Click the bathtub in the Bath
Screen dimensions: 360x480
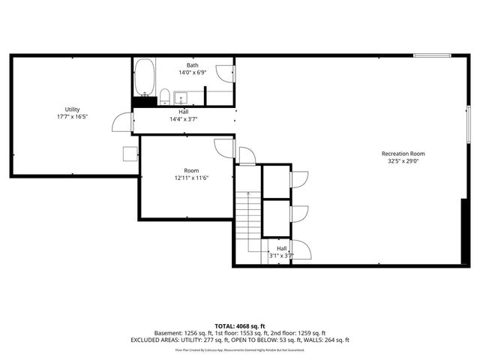pyautogui.click(x=143, y=78)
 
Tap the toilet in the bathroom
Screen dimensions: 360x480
pyautogui.click(x=164, y=96)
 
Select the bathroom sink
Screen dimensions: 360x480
pyautogui.click(x=181, y=97)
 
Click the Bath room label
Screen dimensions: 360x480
pyautogui.click(x=193, y=66)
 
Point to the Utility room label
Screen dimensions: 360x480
pyautogui.click(x=73, y=109)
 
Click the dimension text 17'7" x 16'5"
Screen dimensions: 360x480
pyautogui.click(x=73, y=117)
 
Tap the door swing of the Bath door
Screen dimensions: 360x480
pyautogui.click(x=224, y=73)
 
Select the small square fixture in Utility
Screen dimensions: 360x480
pyautogui.click(x=130, y=153)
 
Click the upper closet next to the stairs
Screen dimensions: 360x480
pyautogui.click(x=275, y=181)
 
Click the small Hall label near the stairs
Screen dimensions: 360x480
pyautogui.click(x=282, y=248)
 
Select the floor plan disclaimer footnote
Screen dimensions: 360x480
pyautogui.click(x=239, y=349)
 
